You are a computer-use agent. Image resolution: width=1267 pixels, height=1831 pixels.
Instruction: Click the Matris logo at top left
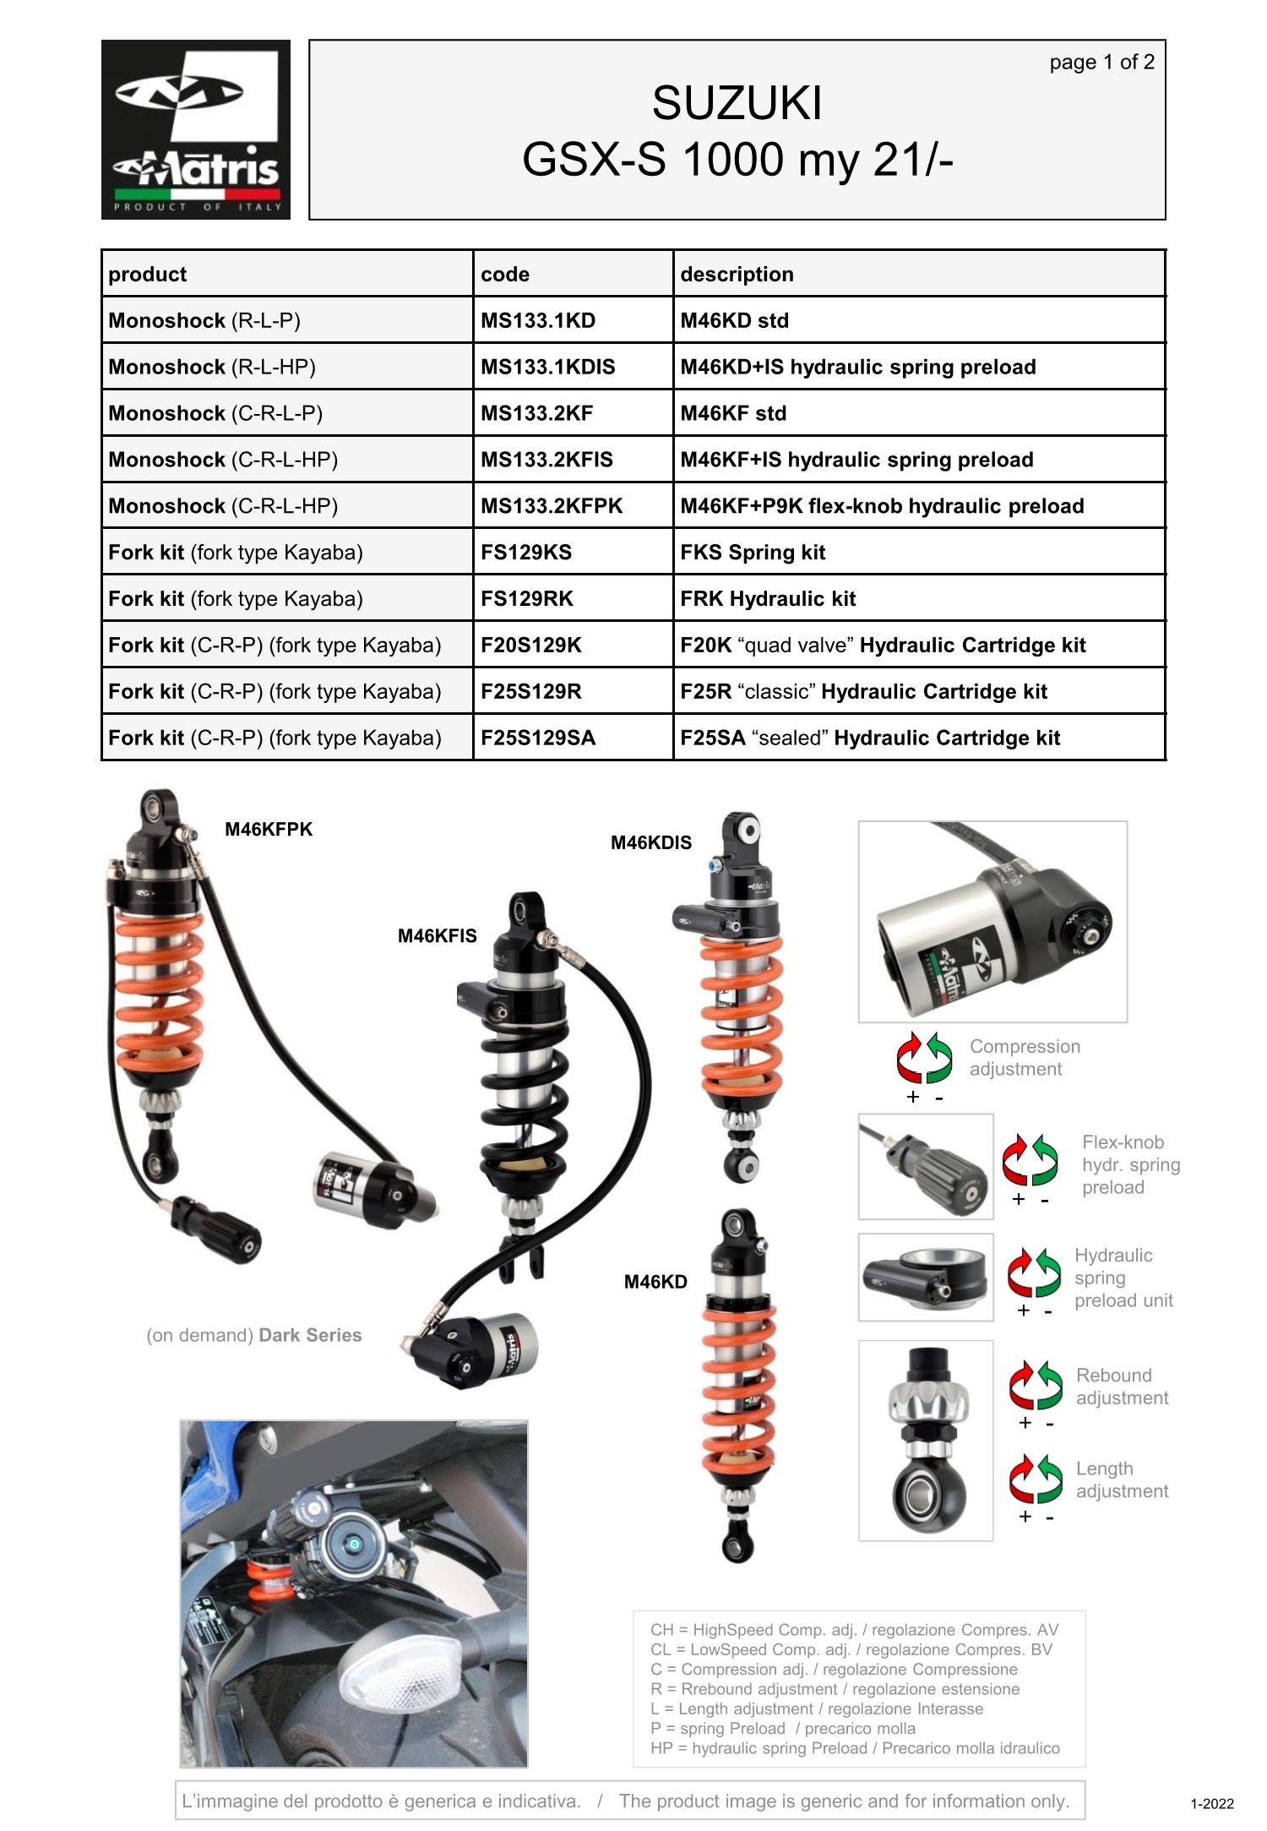coord(196,129)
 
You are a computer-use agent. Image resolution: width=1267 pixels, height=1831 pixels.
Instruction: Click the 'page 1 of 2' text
coord(1101,63)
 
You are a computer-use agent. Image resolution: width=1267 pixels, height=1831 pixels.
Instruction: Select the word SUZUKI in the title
coord(737,104)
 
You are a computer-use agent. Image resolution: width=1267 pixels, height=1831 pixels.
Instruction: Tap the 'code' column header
coord(505,275)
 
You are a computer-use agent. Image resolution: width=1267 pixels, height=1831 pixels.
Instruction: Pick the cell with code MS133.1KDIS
coord(547,368)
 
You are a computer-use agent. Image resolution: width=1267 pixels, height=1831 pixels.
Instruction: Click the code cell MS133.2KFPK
coord(551,506)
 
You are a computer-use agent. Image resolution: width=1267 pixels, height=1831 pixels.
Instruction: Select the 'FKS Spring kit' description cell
coord(753,553)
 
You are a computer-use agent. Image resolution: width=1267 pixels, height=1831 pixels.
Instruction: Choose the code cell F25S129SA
coord(537,738)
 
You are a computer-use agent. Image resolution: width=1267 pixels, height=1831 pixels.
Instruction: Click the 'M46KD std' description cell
coord(734,321)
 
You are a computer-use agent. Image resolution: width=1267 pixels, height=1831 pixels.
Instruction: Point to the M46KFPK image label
coord(269,830)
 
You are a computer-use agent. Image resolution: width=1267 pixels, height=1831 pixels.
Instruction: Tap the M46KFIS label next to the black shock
coord(437,936)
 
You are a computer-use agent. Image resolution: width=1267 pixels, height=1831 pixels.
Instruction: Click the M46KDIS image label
coord(650,843)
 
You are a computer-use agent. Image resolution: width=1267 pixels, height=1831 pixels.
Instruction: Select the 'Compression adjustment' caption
coord(1024,1058)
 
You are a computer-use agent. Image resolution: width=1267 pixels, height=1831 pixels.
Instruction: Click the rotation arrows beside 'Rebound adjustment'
coord(1035,1386)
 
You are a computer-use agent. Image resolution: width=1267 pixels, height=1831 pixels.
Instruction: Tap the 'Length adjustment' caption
coord(1121,1480)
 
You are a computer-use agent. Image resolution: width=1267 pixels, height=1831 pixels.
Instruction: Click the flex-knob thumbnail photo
coord(926,1167)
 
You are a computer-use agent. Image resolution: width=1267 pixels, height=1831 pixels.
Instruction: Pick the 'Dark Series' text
coord(310,1335)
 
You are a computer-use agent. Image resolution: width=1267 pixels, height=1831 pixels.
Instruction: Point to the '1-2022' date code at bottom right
coord(1211,1804)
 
